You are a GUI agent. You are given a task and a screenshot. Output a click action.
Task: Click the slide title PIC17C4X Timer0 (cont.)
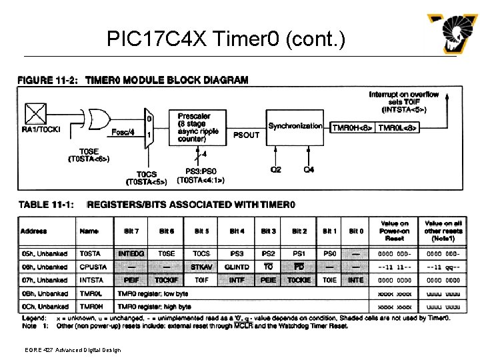226,40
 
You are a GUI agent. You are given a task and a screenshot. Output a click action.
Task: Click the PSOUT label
247,135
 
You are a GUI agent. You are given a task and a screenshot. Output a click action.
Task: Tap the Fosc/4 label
123,131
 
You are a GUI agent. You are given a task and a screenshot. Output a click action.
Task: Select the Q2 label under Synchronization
275,170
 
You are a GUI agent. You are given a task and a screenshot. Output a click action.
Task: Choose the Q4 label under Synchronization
309,170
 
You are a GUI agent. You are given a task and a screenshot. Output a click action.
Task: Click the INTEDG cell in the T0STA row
131,254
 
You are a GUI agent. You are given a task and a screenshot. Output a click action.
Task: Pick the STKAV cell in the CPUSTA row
201,267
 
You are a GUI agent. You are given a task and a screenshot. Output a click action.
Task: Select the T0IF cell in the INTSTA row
201,281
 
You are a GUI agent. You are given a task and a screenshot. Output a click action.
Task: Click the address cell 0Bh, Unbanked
44,294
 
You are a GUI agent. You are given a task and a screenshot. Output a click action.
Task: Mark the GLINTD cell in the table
237,267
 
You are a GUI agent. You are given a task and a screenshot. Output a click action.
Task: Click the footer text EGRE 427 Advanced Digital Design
65,349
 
